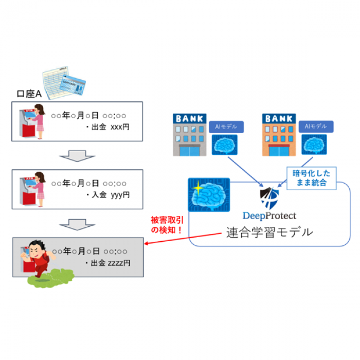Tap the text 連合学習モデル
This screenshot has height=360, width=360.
(x=269, y=232)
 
